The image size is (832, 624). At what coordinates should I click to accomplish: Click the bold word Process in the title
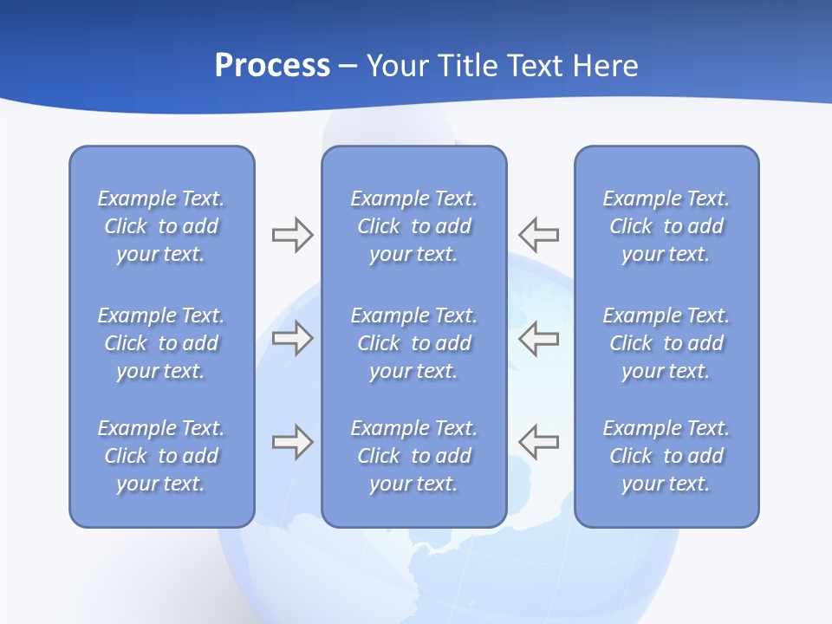(x=272, y=66)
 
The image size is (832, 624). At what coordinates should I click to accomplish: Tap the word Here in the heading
(x=605, y=66)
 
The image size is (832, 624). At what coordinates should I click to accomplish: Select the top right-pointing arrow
(x=292, y=234)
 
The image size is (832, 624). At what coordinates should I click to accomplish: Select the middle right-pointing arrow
(x=292, y=338)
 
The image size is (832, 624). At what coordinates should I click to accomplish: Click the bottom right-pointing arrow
(x=292, y=442)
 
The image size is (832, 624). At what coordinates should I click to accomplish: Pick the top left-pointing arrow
(x=539, y=234)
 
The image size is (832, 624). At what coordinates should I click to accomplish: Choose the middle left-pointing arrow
(x=539, y=338)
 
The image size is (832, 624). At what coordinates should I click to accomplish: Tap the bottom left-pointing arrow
(x=539, y=442)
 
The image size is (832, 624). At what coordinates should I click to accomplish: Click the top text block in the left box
(x=161, y=226)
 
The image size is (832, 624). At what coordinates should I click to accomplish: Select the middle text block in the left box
(x=161, y=343)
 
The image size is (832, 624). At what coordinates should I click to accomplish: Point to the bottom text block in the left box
(x=161, y=456)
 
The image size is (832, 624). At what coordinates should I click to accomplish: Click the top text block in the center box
(x=413, y=226)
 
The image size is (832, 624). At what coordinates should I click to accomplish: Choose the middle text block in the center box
(x=413, y=343)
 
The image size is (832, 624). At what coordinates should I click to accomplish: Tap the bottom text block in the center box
(x=413, y=456)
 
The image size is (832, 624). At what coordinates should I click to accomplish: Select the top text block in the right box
(x=666, y=226)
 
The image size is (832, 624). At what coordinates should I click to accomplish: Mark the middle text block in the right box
(x=666, y=343)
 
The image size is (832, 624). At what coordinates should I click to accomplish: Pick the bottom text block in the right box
(x=666, y=456)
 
